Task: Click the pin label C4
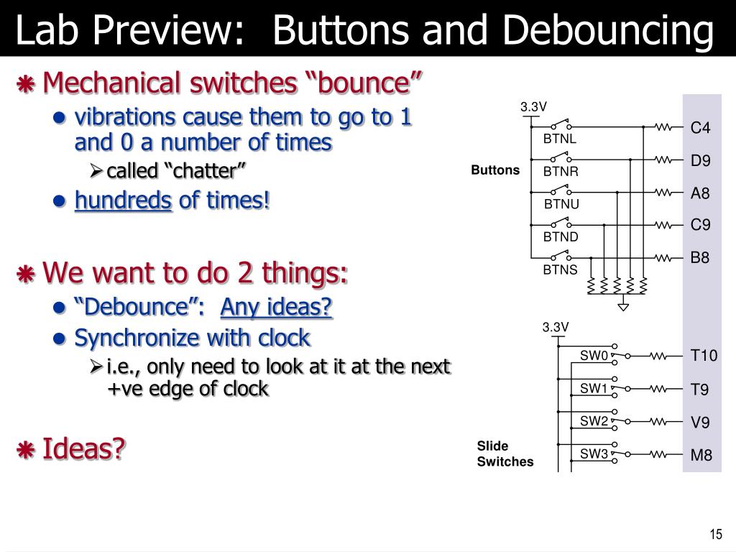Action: (700, 128)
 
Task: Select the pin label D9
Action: (700, 161)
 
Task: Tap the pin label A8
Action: (700, 193)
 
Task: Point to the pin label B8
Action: (700, 257)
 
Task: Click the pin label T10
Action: (704, 356)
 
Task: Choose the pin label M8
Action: (701, 455)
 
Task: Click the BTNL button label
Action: (560, 139)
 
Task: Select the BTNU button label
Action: (561, 204)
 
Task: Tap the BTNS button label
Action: (560, 270)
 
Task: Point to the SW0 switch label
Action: (594, 356)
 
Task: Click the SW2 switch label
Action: (594, 421)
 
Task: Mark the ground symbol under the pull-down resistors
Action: (623, 307)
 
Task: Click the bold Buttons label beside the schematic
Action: (495, 170)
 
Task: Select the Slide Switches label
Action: (505, 454)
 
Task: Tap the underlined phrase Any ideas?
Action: (277, 308)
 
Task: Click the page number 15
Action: (715, 534)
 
